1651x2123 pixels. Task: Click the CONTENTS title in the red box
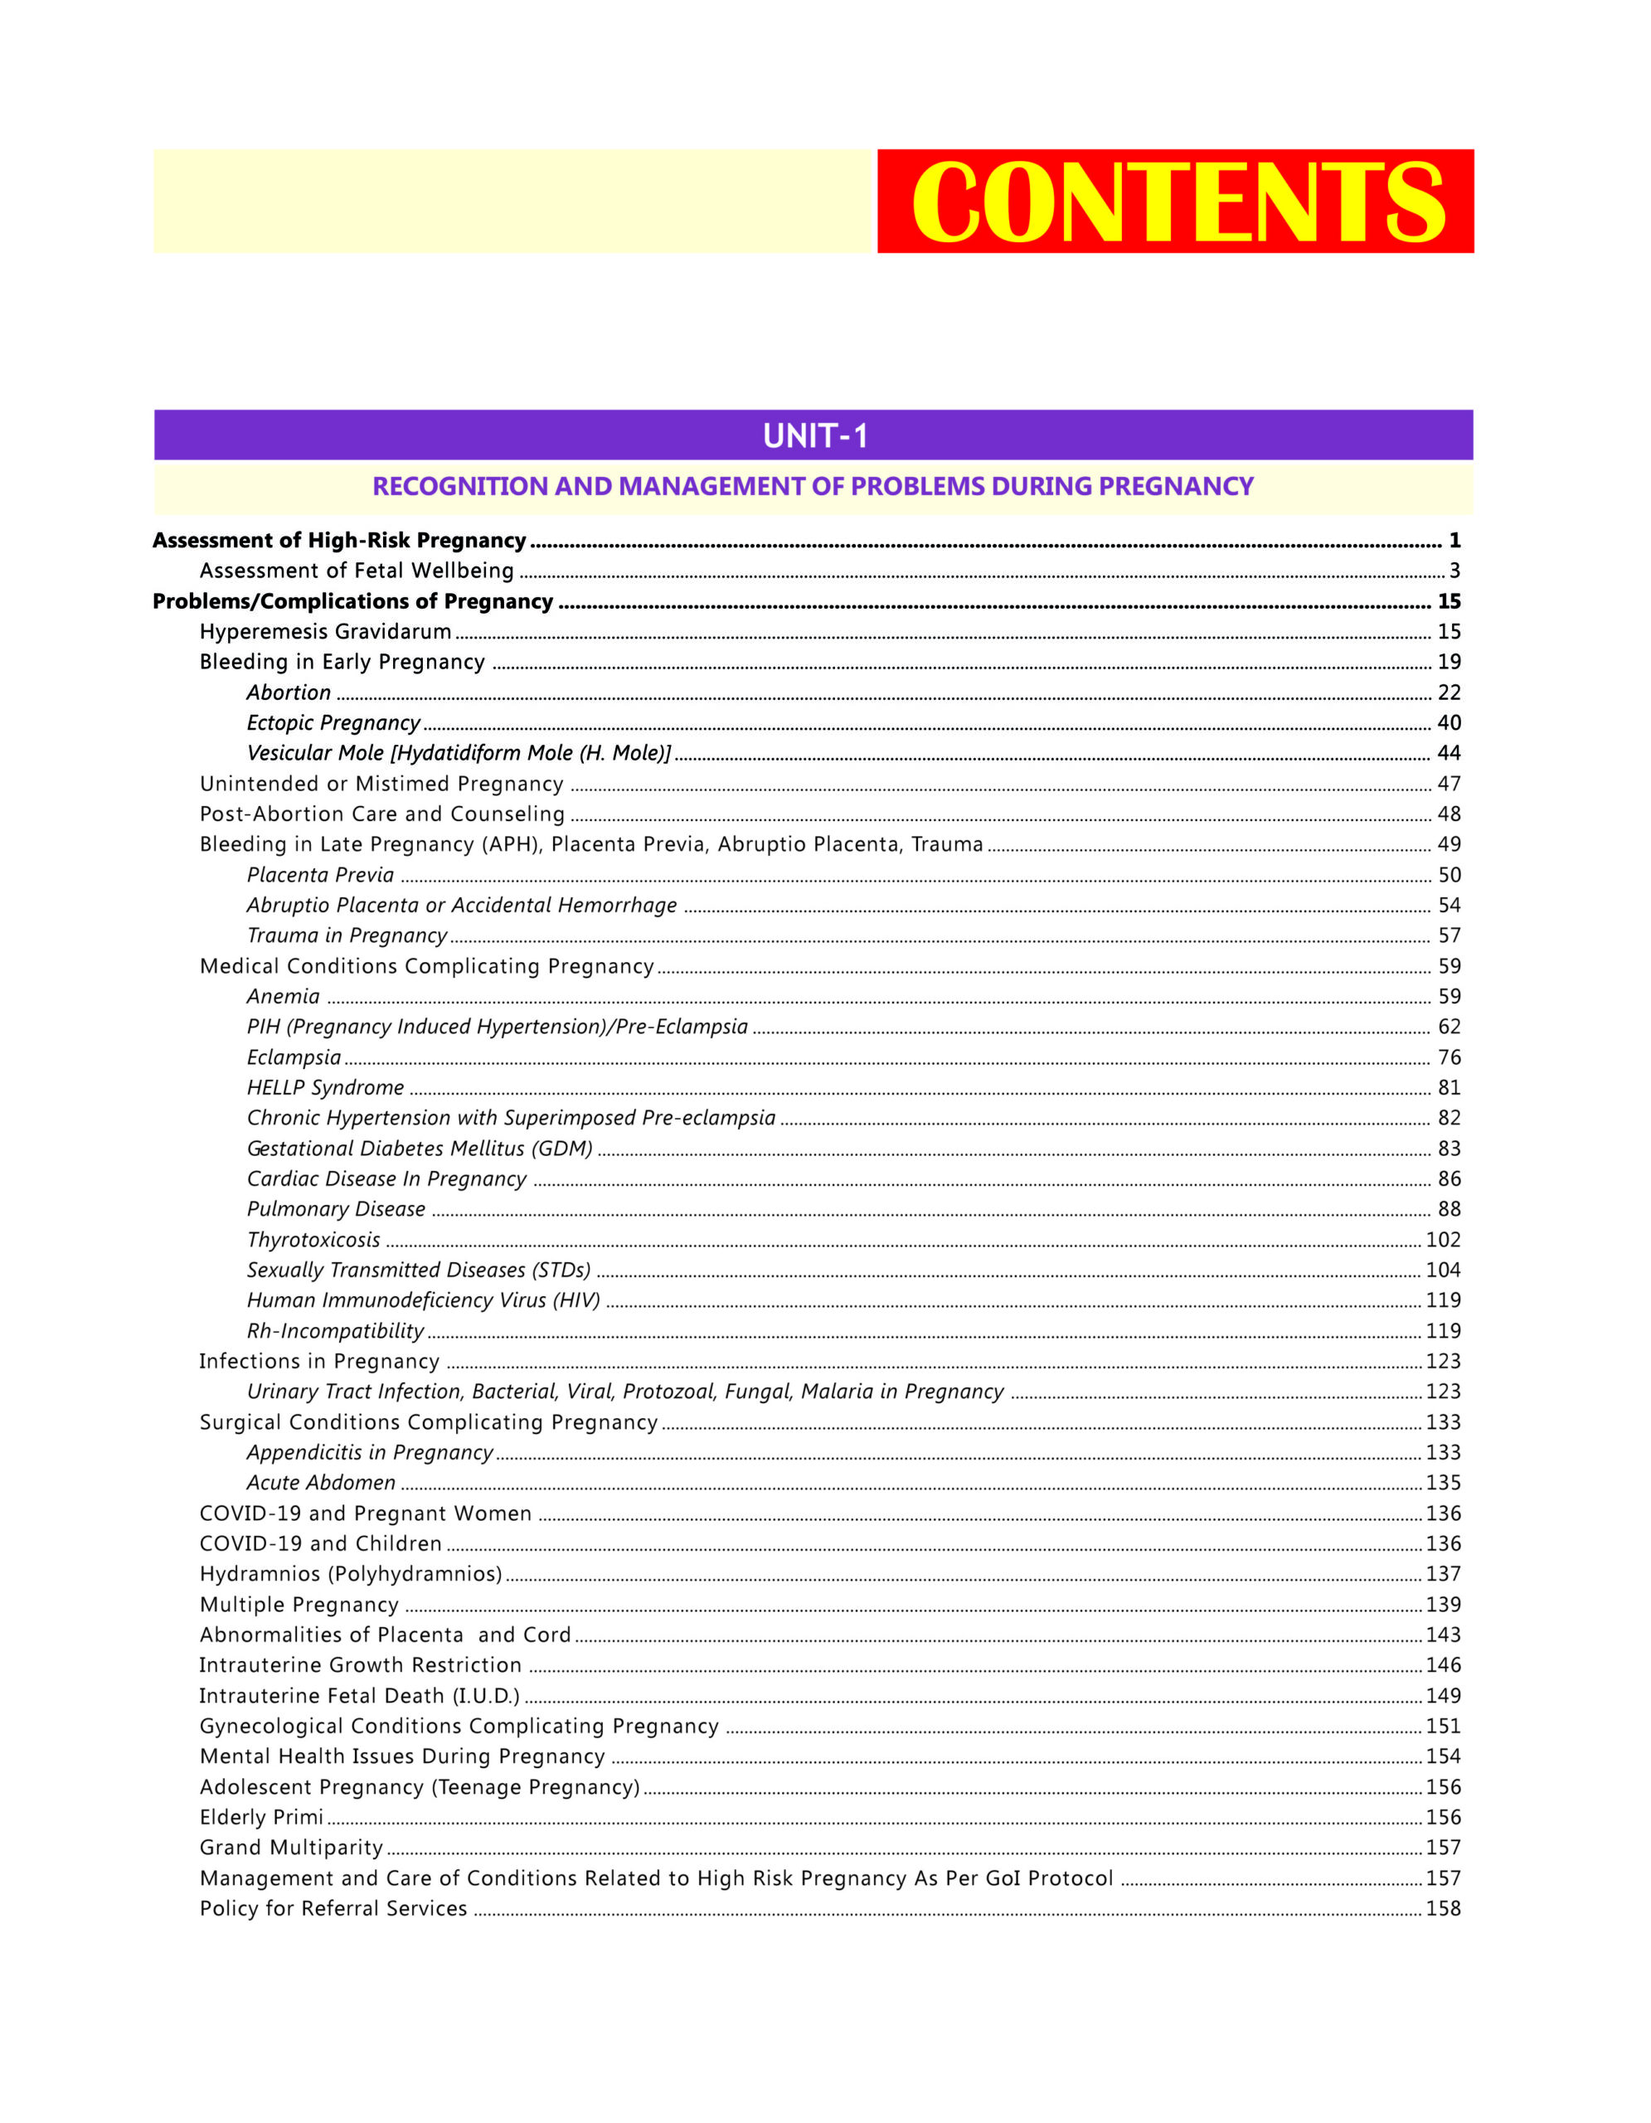(1177, 202)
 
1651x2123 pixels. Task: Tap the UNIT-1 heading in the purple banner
(814, 435)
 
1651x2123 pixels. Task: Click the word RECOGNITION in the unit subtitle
(459, 486)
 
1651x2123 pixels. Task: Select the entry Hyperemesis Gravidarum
(326, 632)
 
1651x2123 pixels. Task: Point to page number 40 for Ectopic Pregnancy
(1448, 722)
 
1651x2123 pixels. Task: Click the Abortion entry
(289, 692)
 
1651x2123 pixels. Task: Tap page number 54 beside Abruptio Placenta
(1448, 905)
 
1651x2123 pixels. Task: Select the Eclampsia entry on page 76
(294, 1057)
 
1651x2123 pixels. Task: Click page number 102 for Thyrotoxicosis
(1443, 1240)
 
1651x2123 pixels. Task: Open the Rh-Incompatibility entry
(335, 1331)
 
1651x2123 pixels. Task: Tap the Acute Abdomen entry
(322, 1483)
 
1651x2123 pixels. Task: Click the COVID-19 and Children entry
(321, 1542)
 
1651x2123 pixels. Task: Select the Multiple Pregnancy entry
(299, 1604)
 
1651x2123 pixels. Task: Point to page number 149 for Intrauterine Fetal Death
(1443, 1695)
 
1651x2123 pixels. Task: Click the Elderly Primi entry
(261, 1817)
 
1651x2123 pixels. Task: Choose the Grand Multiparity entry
(292, 1847)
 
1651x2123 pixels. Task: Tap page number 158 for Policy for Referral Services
(1443, 1908)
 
